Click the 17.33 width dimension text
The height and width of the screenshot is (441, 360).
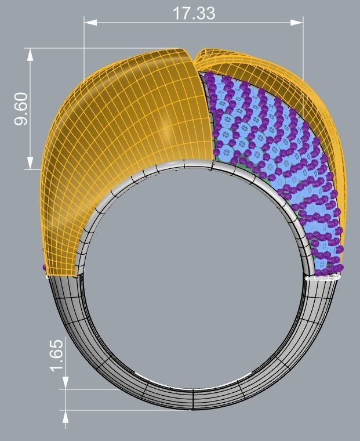pyautogui.click(x=193, y=13)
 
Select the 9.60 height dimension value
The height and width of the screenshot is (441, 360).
pyautogui.click(x=21, y=109)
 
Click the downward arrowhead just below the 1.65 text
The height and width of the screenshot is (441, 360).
pyautogui.click(x=66, y=384)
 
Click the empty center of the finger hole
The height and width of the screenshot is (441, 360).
pyautogui.click(x=194, y=279)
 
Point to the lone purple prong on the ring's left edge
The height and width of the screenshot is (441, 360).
pyautogui.click(x=45, y=268)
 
